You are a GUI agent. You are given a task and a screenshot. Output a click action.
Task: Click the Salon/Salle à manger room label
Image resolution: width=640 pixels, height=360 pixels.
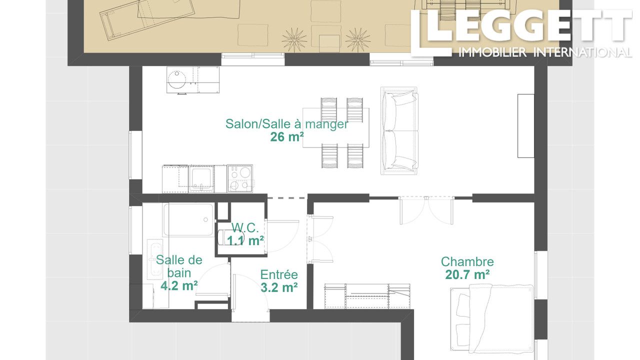tap(287, 124)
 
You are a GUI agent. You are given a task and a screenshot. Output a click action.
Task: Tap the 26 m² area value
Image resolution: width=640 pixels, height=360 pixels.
tap(287, 137)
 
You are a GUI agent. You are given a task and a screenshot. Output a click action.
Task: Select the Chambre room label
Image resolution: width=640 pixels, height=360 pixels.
tap(467, 261)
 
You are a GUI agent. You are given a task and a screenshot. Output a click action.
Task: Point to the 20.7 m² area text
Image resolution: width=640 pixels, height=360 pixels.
tap(467, 275)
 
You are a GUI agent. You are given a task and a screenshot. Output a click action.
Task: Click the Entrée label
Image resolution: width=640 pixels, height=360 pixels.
tap(279, 274)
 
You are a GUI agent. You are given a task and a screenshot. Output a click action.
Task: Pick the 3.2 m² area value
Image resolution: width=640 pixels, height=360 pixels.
tap(279, 287)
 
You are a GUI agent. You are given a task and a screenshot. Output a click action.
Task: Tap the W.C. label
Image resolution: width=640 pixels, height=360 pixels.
tap(245, 228)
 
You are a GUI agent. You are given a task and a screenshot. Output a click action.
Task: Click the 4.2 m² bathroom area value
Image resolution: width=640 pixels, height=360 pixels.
tap(179, 285)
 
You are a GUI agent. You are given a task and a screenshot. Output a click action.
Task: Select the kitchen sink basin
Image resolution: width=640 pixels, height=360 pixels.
tap(201, 178)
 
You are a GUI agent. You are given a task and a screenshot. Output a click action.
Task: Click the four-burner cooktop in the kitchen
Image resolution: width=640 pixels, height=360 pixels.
tap(240, 178)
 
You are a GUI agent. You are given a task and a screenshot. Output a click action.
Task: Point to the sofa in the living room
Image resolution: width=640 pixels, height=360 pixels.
tap(399, 130)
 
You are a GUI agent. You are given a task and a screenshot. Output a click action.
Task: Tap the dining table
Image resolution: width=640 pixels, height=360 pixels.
tap(336, 127)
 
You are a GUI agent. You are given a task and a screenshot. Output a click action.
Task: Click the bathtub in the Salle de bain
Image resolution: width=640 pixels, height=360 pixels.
tap(188, 219)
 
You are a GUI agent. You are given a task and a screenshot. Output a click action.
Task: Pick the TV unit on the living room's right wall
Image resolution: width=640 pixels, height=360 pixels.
tap(526, 126)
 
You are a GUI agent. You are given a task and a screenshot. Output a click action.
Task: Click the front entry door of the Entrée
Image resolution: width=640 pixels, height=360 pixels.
tap(250, 293)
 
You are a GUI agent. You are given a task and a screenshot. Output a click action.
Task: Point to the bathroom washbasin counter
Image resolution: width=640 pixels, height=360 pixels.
tap(155, 259)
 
